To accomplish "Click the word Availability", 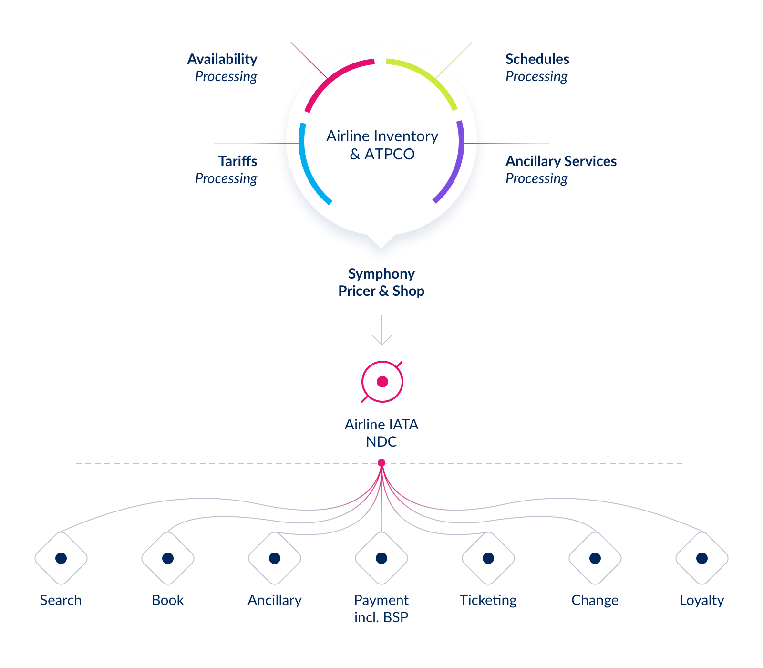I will click(x=222, y=59).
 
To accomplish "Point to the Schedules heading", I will click(x=537, y=59).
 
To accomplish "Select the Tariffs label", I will click(x=237, y=161).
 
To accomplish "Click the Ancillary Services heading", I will click(x=561, y=161).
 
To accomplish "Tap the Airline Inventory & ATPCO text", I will click(x=382, y=145).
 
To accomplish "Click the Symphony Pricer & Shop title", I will click(x=381, y=282).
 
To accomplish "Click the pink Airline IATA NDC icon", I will click(x=382, y=382).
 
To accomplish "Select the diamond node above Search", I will click(x=61, y=558).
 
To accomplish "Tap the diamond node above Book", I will click(x=168, y=558).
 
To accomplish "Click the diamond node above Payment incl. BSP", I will click(x=381, y=558).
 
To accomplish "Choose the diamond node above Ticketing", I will click(x=488, y=558).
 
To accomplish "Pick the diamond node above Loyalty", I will click(x=702, y=558).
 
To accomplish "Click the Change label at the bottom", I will click(x=595, y=600).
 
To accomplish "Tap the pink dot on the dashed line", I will click(x=381, y=463).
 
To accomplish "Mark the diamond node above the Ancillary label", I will click(x=275, y=558).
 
